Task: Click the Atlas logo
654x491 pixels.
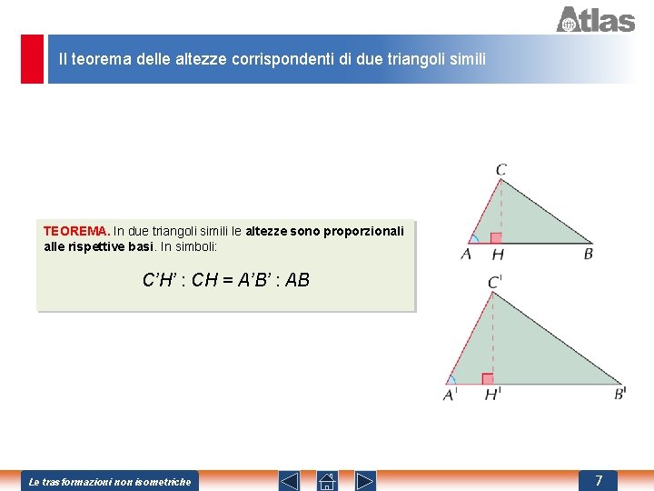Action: (595, 19)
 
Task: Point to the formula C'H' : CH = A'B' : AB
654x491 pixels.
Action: (226, 280)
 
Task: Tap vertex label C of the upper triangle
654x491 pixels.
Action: (501, 169)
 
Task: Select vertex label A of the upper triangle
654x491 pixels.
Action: (466, 254)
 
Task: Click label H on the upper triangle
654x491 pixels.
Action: (497, 255)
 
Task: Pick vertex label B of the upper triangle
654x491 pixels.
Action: (588, 254)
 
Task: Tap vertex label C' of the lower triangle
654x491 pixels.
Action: (495, 282)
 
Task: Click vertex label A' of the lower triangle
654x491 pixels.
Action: (450, 395)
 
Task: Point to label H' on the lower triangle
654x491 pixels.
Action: (492, 395)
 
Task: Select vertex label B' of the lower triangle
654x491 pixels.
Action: (620, 394)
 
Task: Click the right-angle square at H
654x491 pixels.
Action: (496, 238)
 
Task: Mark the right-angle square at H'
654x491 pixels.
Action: (488, 378)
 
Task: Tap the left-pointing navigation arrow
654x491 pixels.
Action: (288, 480)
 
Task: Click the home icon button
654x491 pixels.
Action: (327, 480)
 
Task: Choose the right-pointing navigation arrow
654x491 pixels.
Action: (365, 480)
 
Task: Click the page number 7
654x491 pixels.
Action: (599, 480)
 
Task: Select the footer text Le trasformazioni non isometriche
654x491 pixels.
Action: (110, 481)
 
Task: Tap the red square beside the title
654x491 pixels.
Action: (33, 59)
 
